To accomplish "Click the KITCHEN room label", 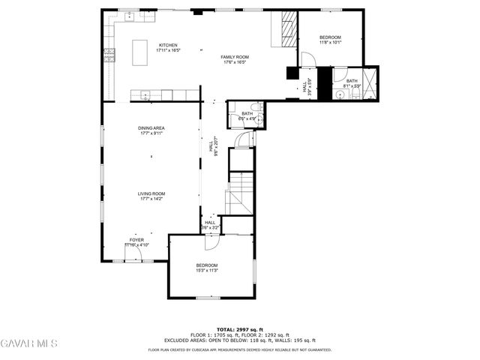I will [x=168, y=45].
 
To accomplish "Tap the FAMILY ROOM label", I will [x=235, y=57].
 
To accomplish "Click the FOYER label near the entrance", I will [x=136, y=240].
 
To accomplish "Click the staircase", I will [x=241, y=192].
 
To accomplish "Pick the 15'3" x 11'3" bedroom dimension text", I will [x=207, y=270].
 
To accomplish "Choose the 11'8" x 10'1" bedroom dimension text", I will [x=330, y=43].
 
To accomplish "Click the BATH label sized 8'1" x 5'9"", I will [x=352, y=80].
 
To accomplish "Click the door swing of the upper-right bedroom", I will [x=307, y=59].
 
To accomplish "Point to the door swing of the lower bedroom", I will [x=212, y=241].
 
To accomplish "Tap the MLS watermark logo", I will [x=29, y=344].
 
